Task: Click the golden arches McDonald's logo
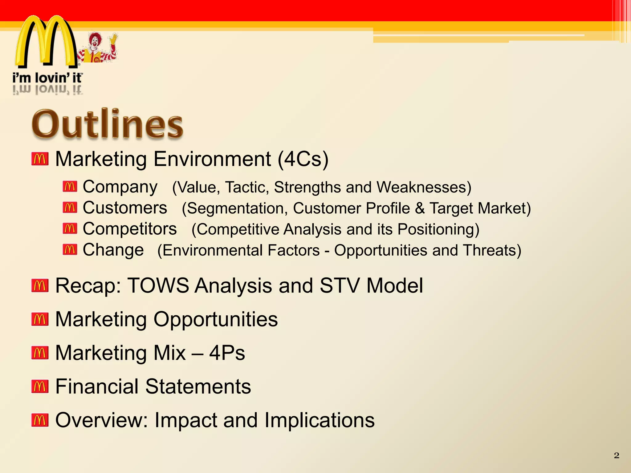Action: [46, 42]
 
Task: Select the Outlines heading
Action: [108, 124]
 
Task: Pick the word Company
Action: [120, 187]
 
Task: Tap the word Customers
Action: [125, 208]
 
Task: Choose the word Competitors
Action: [130, 229]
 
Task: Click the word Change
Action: [113, 250]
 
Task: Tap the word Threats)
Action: [492, 250]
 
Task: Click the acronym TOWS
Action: [158, 285]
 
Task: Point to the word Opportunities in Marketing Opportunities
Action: [216, 319]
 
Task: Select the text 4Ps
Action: [227, 353]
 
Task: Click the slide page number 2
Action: [616, 455]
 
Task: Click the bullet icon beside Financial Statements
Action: [40, 386]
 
